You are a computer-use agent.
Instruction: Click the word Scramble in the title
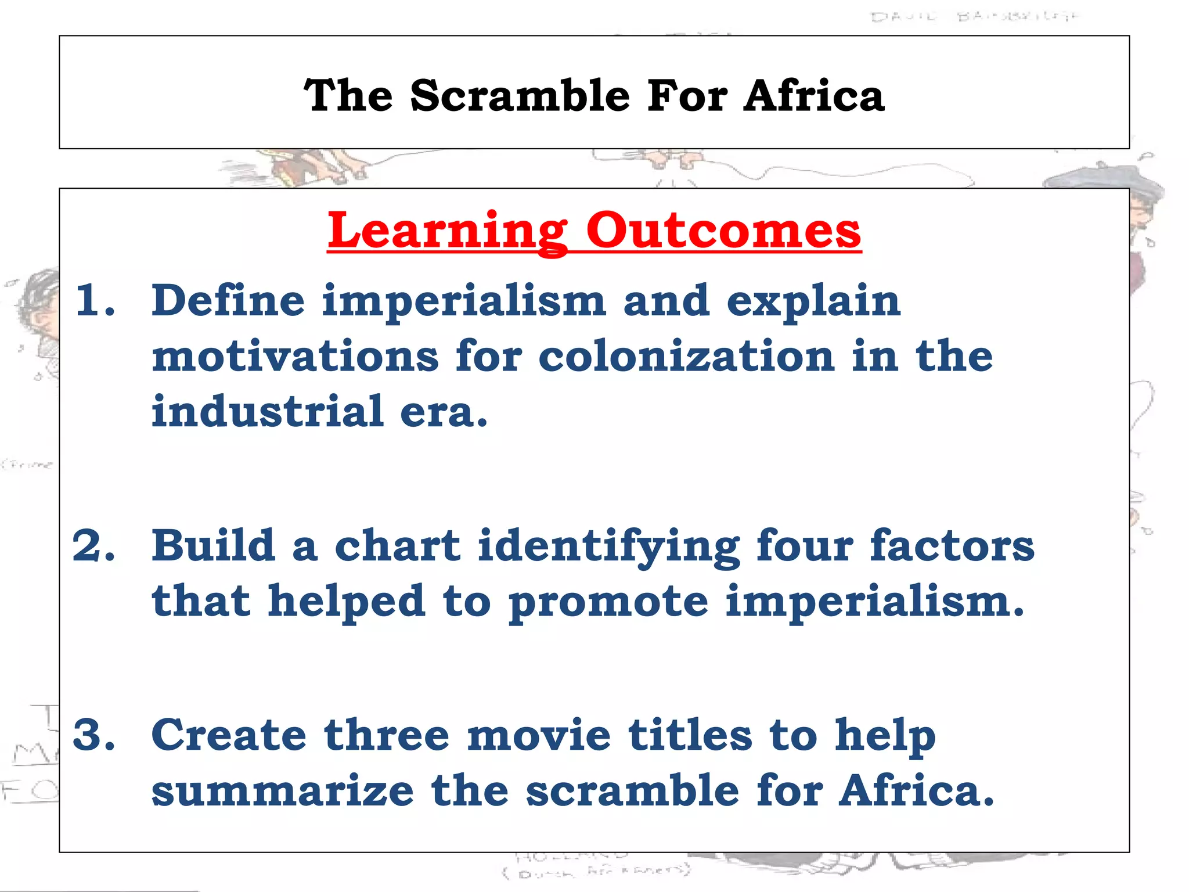coord(520,96)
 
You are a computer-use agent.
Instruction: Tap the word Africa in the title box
coord(814,96)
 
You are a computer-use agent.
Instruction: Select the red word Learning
coord(448,231)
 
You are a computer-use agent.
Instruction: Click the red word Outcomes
coord(723,231)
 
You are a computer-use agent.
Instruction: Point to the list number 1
coord(95,301)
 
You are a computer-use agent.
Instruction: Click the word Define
coord(228,301)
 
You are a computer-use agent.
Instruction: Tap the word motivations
coord(295,357)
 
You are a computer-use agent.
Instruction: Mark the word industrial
coord(268,412)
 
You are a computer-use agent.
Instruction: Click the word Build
coord(213,546)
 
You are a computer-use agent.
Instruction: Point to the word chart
coord(398,546)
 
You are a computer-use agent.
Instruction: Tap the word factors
coord(952,546)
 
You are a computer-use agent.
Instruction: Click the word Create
coord(229,735)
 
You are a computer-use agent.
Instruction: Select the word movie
coord(539,735)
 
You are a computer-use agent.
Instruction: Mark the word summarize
coord(283,791)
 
